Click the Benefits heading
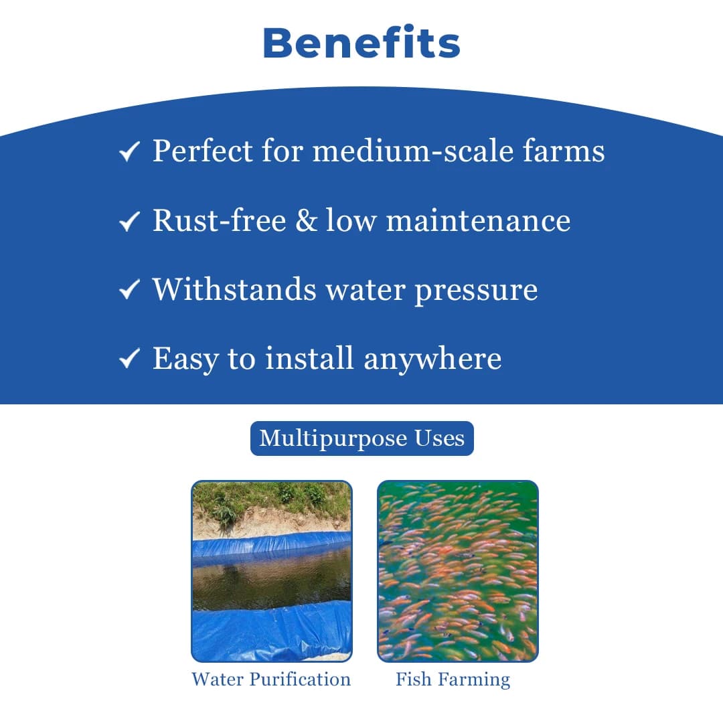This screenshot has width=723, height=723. click(361, 43)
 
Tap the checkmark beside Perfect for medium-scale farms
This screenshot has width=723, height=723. click(129, 152)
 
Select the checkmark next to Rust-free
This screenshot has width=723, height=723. click(129, 221)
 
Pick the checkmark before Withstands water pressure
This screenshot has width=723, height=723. click(129, 290)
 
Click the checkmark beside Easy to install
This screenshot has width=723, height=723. click(129, 359)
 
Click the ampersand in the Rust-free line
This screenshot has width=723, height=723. click(306, 221)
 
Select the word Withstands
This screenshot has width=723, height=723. click(234, 289)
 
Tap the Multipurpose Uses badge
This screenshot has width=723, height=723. click(361, 438)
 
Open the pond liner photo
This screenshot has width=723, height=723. click(271, 571)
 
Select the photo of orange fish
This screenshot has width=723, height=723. click(457, 571)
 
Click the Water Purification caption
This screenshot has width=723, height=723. click(271, 679)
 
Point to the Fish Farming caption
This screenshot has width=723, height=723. click(453, 680)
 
